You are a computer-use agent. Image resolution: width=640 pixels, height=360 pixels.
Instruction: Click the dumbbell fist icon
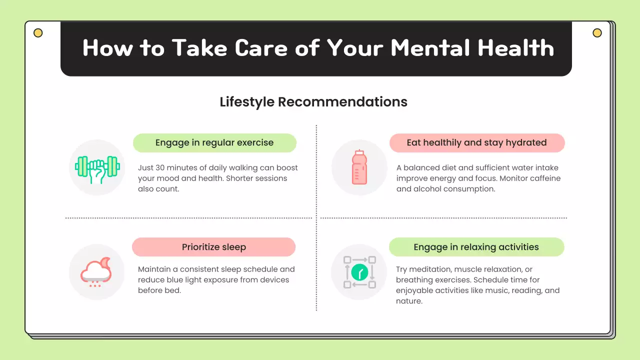click(x=97, y=167)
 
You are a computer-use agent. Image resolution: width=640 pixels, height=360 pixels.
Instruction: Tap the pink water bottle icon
click(x=359, y=167)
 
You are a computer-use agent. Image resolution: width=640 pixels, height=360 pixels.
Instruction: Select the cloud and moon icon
click(x=96, y=272)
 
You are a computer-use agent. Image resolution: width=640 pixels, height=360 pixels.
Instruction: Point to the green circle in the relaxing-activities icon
click(x=359, y=272)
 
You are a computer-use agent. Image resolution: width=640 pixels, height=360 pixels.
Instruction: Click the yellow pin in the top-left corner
click(x=38, y=33)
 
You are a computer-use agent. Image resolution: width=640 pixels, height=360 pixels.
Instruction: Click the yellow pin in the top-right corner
click(x=597, y=33)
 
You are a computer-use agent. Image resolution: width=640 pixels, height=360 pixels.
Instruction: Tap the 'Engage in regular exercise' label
click(x=214, y=142)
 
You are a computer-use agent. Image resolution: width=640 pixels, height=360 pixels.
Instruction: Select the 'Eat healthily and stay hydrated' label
click(x=476, y=142)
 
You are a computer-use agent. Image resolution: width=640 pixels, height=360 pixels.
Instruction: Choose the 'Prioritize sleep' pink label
click(x=213, y=247)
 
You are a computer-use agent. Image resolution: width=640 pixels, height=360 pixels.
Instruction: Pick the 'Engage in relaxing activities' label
click(x=476, y=247)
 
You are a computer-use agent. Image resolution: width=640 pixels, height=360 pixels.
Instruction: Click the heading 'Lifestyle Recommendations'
click(x=313, y=102)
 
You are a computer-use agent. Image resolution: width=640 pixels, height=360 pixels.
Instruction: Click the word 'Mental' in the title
click(x=430, y=48)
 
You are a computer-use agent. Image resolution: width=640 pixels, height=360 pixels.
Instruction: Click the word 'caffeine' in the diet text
click(x=542, y=178)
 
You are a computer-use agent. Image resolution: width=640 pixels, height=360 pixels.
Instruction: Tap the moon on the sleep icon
click(x=104, y=262)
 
